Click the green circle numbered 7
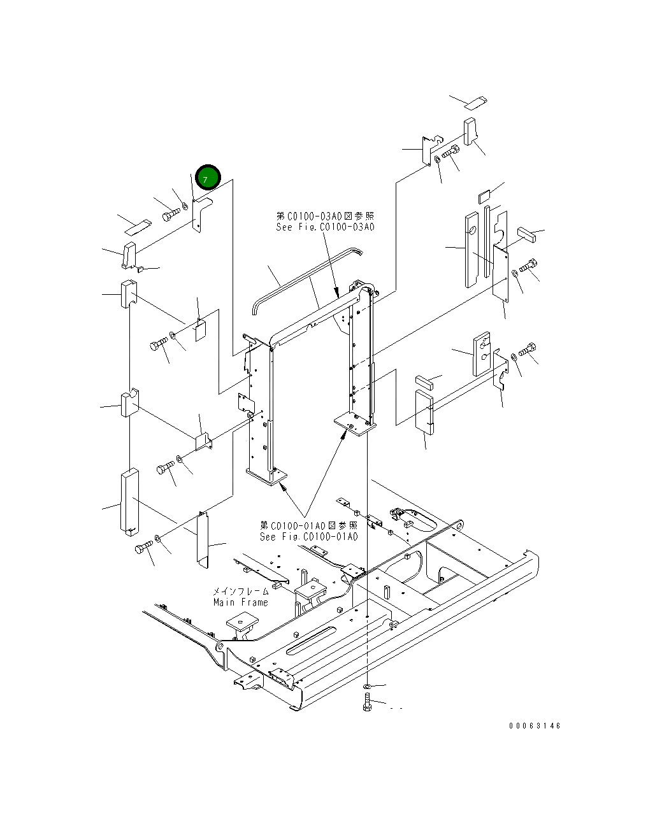207,178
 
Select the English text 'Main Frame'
240,602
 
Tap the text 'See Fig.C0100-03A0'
325,227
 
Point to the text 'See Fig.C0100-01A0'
308,537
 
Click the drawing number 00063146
535,726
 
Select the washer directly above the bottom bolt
367,687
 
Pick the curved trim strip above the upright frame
306,275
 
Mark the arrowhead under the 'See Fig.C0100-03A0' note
337,294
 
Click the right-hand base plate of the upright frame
354,423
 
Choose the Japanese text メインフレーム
240,592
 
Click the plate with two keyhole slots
482,354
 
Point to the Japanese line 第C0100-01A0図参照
308,525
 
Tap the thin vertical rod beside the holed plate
486,241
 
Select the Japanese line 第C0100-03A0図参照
325,217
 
